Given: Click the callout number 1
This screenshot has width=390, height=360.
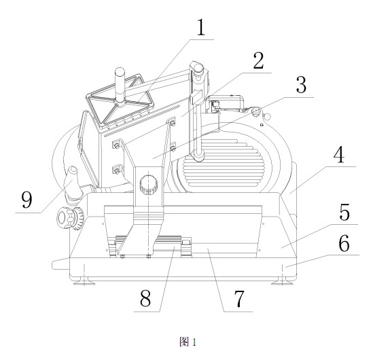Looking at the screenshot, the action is [200, 27].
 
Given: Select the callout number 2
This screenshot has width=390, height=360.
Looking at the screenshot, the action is [258, 60].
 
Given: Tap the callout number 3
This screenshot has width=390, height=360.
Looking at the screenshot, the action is [302, 85].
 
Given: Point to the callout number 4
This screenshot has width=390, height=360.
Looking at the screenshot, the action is [339, 154].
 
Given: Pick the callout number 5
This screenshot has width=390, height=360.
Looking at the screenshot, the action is [344, 212].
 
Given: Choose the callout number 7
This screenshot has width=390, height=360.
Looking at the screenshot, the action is [239, 299].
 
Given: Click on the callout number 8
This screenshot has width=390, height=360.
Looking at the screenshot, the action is [145, 298].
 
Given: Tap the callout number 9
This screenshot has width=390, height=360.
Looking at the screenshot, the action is [26, 200].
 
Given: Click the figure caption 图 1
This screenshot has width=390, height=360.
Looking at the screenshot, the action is [188, 342].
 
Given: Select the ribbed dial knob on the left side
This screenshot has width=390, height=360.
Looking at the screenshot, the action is [71, 218].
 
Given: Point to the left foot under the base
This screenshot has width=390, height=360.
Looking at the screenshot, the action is [84, 282].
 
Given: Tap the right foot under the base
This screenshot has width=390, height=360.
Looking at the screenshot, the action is [283, 281].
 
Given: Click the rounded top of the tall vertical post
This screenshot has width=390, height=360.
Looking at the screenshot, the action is [198, 67].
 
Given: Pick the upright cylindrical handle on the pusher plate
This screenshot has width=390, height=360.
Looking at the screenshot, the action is [121, 86].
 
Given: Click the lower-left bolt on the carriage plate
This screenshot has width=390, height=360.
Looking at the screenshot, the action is [116, 170].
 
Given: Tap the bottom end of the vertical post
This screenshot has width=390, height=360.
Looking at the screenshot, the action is [198, 157].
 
